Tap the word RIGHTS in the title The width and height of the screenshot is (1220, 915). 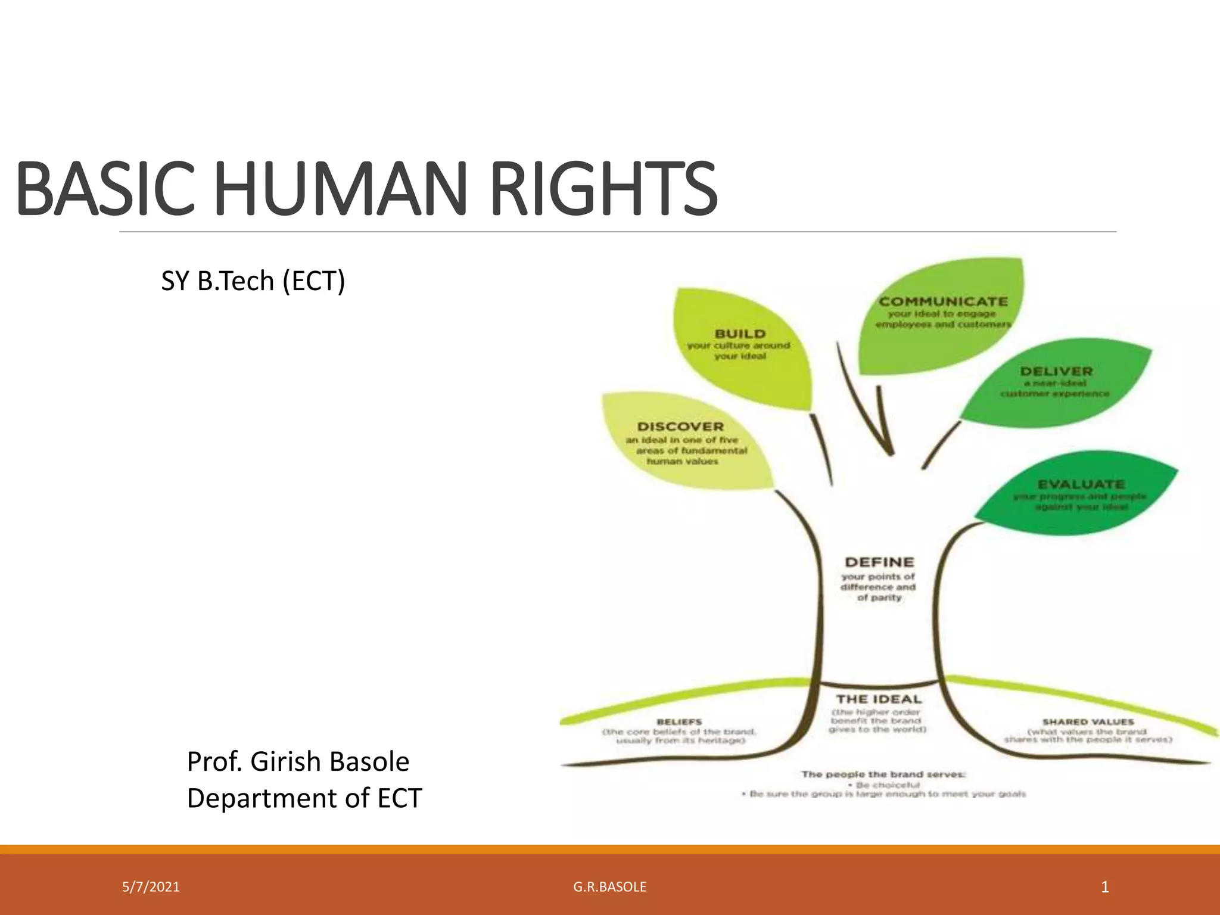[x=603, y=189]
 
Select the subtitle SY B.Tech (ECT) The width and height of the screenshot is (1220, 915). [x=253, y=281]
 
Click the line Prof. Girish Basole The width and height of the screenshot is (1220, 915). [x=298, y=762]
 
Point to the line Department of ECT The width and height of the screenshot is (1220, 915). [x=304, y=798]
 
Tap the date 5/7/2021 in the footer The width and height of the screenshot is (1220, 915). [x=151, y=887]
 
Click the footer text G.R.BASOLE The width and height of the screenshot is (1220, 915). [x=609, y=887]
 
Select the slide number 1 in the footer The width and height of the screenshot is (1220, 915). [x=1104, y=888]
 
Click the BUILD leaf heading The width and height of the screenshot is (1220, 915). [x=740, y=334]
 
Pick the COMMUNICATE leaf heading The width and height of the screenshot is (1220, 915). [x=943, y=301]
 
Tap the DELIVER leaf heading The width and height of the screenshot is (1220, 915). [x=1056, y=371]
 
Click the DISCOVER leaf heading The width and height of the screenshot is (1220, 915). [x=680, y=427]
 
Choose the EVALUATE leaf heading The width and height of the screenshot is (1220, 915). [x=1081, y=484]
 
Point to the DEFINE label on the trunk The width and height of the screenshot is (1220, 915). [x=879, y=562]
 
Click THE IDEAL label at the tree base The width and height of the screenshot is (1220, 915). [x=878, y=699]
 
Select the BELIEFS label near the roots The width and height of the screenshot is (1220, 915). [x=679, y=721]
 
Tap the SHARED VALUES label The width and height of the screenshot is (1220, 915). [x=1088, y=721]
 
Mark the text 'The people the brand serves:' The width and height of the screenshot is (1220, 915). [x=883, y=774]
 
